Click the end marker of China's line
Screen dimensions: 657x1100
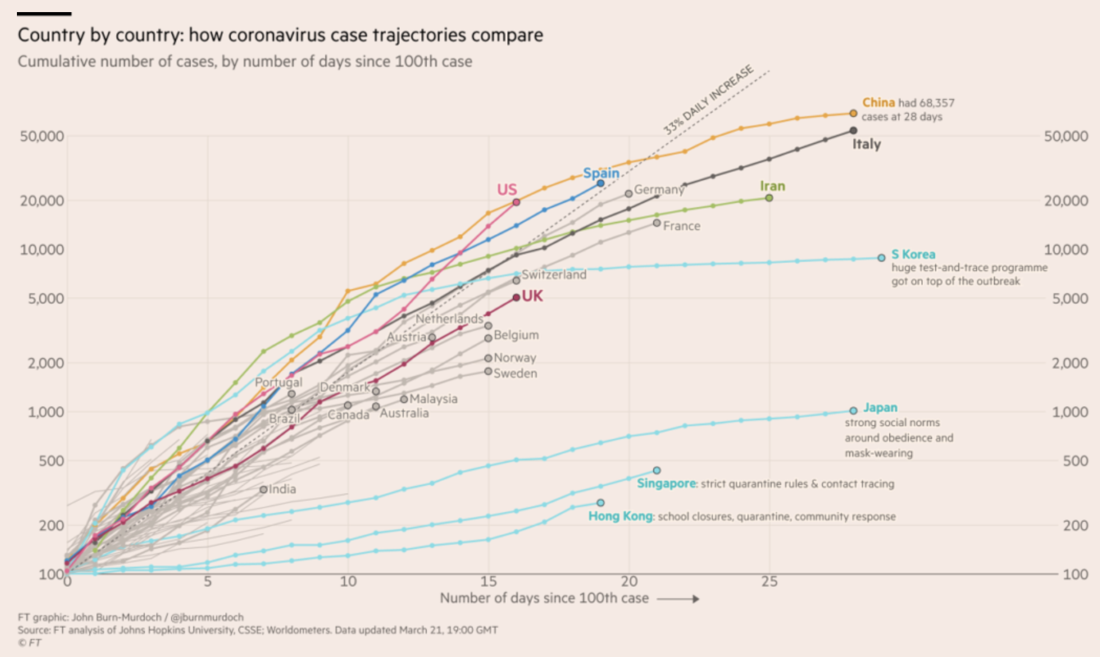click(x=853, y=113)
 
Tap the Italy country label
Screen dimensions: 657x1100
click(x=866, y=144)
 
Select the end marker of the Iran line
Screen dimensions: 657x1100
click(x=769, y=198)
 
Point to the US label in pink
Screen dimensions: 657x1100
click(x=507, y=190)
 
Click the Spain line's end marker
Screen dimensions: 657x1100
click(x=600, y=183)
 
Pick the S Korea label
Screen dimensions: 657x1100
click(x=913, y=254)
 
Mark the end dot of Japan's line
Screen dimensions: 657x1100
click(x=853, y=411)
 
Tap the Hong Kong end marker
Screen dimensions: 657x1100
click(x=600, y=503)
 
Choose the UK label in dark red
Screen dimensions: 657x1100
click(x=532, y=296)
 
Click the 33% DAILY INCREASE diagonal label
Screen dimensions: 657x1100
click(x=708, y=99)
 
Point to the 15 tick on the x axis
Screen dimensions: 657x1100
click(x=488, y=581)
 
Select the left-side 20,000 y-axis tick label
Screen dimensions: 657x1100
click(x=42, y=200)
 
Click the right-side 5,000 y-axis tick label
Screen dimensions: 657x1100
click(x=1070, y=298)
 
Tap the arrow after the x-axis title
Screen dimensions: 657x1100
click(x=679, y=599)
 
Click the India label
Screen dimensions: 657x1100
click(x=283, y=489)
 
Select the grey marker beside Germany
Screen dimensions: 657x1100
click(x=629, y=194)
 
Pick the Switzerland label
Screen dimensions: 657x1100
click(x=554, y=275)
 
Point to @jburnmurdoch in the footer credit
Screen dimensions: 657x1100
click(x=207, y=617)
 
